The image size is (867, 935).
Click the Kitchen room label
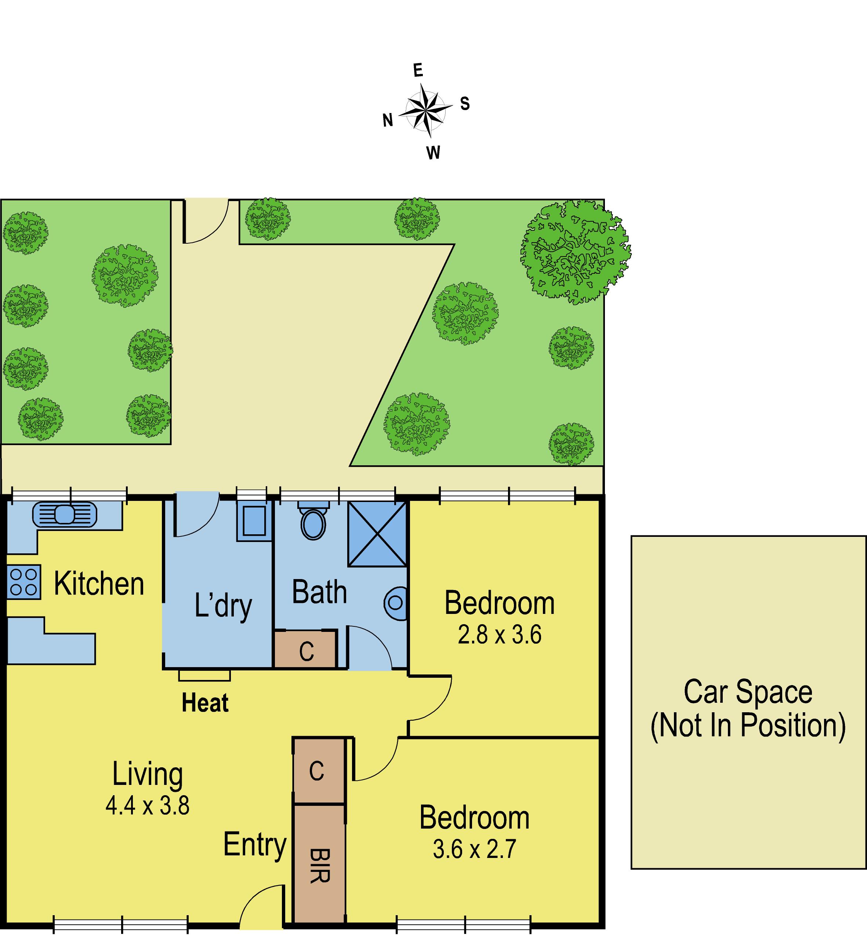point(99,584)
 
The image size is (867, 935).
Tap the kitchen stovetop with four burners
point(24,582)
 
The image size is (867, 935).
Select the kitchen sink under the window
point(65,514)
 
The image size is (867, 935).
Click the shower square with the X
point(377,534)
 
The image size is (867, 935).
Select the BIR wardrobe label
point(319,866)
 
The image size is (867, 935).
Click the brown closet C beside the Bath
point(305,650)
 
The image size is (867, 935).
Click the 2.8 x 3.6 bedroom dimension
point(500,635)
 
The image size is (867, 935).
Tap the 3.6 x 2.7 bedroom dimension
point(474,849)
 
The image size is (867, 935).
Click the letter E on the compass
point(418,70)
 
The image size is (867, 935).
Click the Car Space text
point(748,692)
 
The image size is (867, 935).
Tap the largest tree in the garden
point(576,252)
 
